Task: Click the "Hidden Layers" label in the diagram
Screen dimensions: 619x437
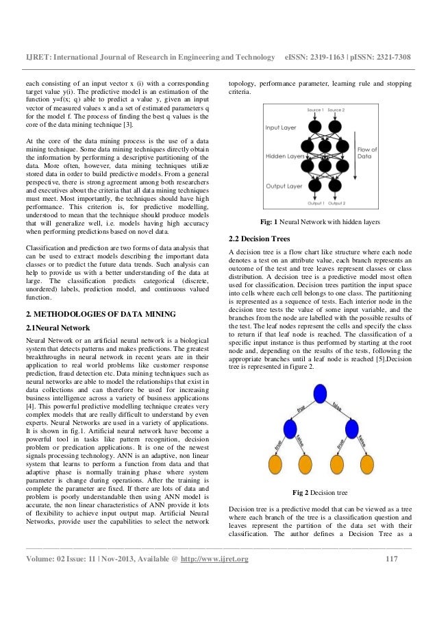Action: pyautogui.click(x=285, y=156)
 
